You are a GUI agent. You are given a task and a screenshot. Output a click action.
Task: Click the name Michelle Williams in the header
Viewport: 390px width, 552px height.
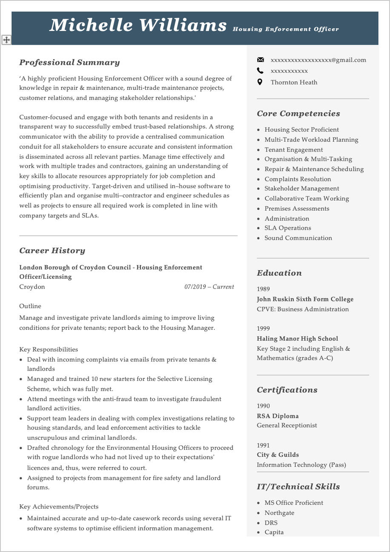[138, 26]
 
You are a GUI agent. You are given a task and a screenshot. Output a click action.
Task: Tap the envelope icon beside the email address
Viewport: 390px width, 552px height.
[260, 60]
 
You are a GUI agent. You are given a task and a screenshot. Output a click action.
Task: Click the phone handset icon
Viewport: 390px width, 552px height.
[260, 71]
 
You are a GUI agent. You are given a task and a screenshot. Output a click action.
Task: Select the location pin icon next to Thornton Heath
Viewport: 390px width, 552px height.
[260, 82]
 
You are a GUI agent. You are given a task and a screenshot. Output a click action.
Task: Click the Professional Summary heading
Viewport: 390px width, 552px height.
[69, 63]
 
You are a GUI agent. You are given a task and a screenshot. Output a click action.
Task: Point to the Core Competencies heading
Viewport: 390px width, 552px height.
[298, 114]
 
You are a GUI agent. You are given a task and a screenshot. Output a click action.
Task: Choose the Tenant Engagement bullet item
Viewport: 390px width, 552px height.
[293, 149]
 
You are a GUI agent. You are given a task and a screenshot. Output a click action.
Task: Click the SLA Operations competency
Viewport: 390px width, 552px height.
[288, 228]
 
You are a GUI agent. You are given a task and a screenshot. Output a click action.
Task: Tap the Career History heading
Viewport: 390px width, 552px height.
[52, 251]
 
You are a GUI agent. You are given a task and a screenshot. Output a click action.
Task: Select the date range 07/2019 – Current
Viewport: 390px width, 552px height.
[209, 287]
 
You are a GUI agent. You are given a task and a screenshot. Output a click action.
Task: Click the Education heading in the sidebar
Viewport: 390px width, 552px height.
[279, 273]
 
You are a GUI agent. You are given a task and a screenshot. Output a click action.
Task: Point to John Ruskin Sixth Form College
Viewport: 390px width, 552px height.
[305, 299]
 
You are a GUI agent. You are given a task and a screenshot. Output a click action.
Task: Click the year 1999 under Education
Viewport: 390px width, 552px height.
[263, 329]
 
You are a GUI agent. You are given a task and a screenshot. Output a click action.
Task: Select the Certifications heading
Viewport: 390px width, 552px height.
[287, 390]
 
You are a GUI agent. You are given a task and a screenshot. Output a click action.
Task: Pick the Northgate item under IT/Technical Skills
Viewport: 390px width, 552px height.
[279, 513]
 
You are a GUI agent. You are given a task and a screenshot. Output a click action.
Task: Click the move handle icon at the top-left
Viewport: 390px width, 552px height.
[6, 40]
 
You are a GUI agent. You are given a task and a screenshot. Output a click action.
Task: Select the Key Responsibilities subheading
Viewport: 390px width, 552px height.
[48, 349]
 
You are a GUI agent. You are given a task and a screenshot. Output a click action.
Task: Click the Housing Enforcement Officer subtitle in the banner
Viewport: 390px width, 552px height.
[286, 29]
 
